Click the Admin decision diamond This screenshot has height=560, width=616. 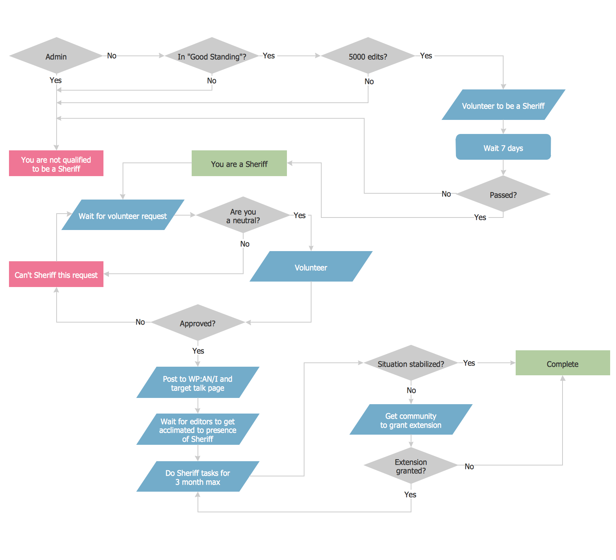pos(56,56)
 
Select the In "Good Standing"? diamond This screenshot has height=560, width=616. pos(212,56)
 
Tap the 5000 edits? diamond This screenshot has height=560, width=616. pos(368,56)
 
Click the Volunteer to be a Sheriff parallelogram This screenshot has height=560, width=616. pos(503,105)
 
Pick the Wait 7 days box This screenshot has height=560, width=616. pos(503,147)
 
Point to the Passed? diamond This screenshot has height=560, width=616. pos(503,194)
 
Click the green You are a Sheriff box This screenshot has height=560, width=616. pos(239,163)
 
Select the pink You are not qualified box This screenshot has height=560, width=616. pos(56,164)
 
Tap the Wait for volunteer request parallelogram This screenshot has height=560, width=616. pos(123,215)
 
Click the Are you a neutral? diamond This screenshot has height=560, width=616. pos(243,215)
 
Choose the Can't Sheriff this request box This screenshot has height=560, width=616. pos(56,274)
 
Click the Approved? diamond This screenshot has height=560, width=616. pos(198,323)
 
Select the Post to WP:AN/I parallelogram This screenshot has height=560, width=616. pos(198,382)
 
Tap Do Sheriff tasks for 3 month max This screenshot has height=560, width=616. pos(198,476)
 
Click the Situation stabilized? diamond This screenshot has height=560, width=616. pos(411,363)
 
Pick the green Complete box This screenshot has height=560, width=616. pos(563,363)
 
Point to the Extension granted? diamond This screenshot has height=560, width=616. pos(411,465)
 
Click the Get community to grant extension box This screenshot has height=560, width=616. pos(411,420)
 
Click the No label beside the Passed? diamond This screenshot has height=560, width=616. pos(446,194)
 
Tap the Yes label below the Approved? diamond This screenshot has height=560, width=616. pos(198,351)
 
